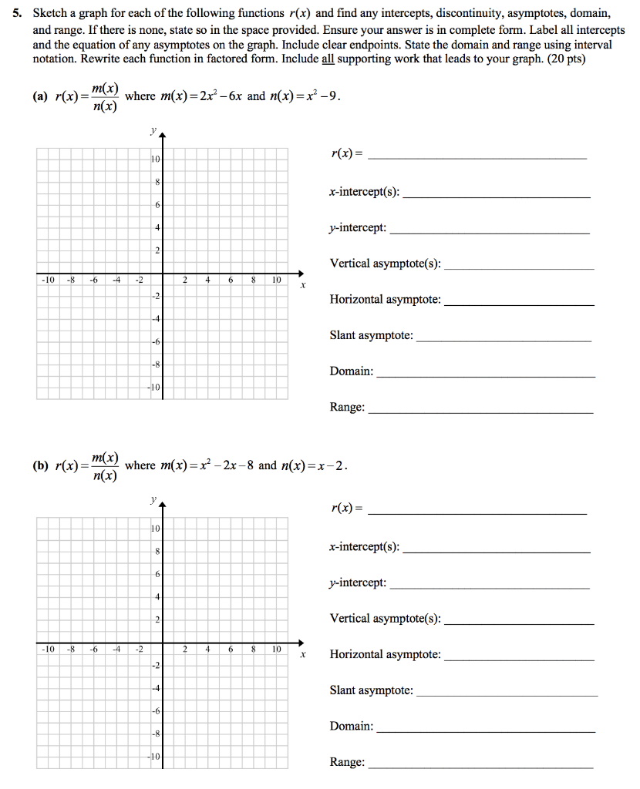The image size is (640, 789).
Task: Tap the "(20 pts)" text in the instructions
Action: click(566, 59)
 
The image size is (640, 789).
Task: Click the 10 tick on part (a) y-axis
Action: click(155, 159)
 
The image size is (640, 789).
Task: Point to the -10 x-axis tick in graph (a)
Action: click(47, 280)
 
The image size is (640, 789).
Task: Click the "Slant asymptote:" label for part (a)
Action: click(371, 335)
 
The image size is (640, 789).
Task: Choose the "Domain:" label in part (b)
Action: click(352, 726)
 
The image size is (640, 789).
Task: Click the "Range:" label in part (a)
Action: click(347, 407)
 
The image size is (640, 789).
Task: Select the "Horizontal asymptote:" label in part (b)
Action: click(386, 654)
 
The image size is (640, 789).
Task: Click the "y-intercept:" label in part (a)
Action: click(358, 228)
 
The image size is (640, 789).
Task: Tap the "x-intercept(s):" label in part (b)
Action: click(365, 547)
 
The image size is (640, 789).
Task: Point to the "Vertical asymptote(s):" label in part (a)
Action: click(386, 264)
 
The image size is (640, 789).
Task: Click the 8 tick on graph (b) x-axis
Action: click(253, 650)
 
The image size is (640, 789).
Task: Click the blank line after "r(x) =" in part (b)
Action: click(478, 512)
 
